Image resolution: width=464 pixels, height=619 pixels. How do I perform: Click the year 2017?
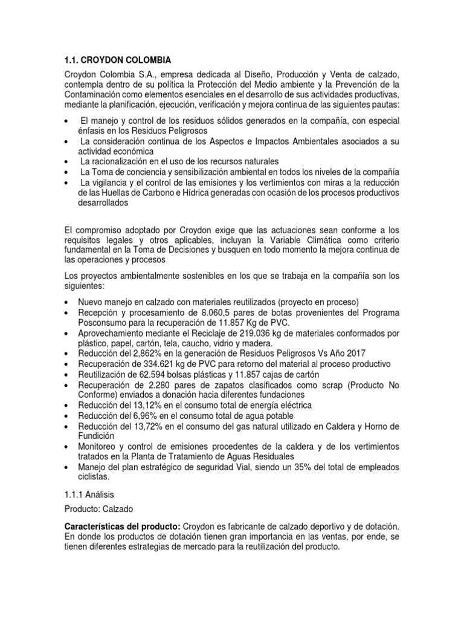point(353,352)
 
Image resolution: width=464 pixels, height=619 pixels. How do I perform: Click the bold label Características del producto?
point(118,526)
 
